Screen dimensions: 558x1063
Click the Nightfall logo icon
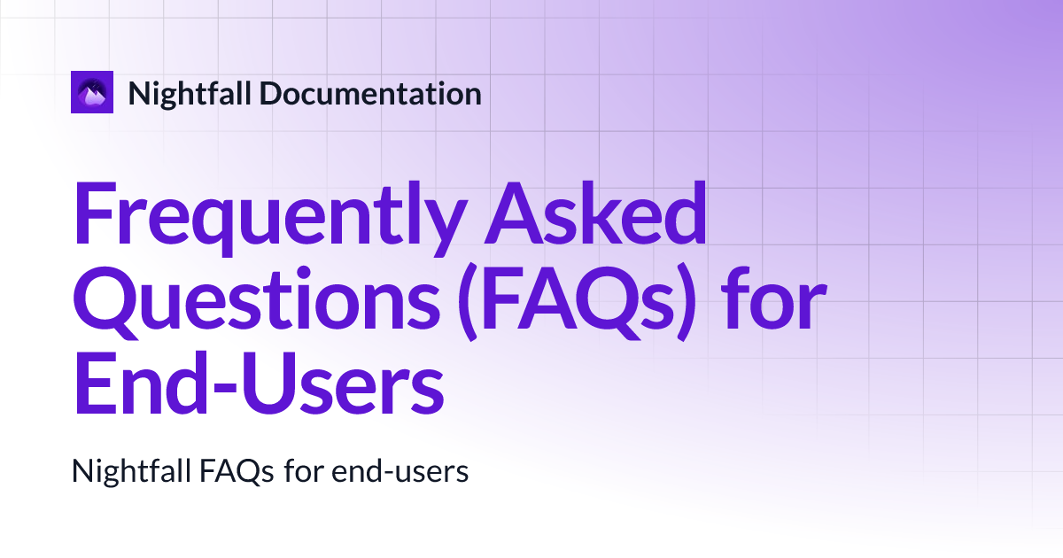coord(92,92)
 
